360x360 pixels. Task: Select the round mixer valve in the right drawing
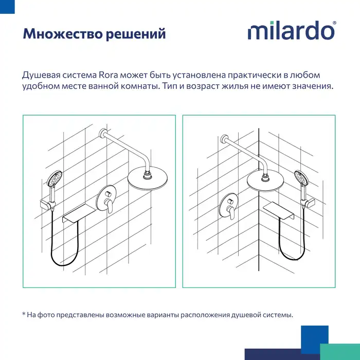point(229,206)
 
